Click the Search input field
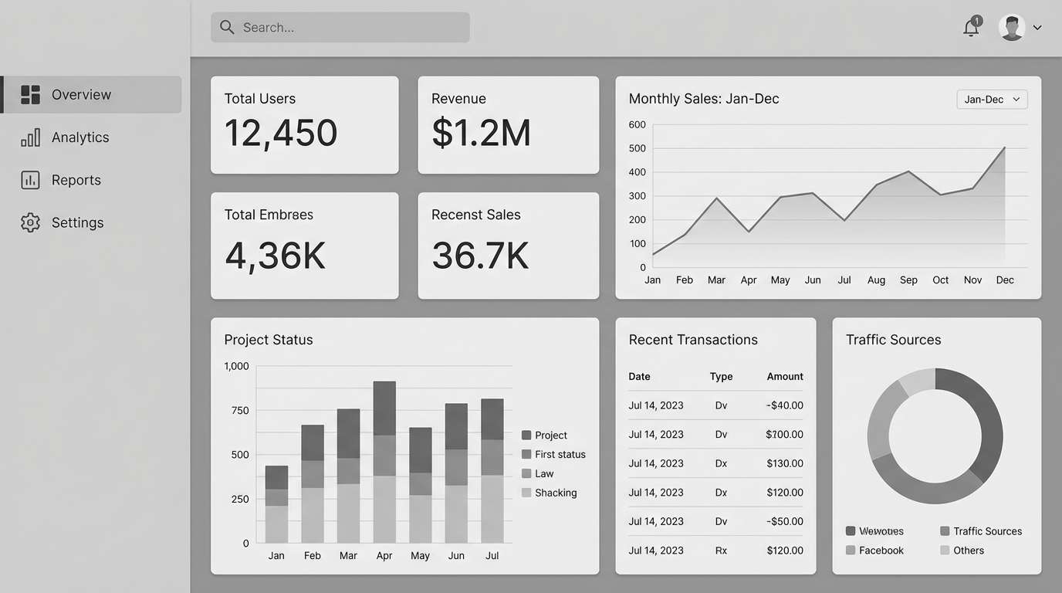(x=340, y=28)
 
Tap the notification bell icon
(x=971, y=28)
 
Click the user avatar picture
(x=1011, y=28)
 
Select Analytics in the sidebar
(x=80, y=137)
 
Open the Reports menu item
(x=76, y=180)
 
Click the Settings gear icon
(x=30, y=222)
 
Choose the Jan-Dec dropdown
(x=992, y=100)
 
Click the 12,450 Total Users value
(x=281, y=133)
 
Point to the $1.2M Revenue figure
(x=481, y=133)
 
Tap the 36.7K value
(x=480, y=256)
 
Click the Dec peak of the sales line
(x=1004, y=147)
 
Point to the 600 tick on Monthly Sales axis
(x=638, y=124)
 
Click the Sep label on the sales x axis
(x=908, y=280)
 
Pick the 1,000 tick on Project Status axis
(x=236, y=366)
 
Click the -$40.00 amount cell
(x=784, y=405)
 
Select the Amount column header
(x=785, y=377)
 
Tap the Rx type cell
(x=721, y=551)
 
